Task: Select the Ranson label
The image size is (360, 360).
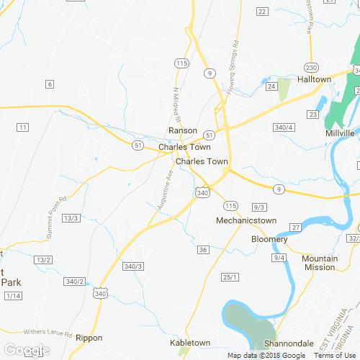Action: (183, 130)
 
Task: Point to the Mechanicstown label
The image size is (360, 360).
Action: (246, 220)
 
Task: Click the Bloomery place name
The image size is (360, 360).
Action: (269, 239)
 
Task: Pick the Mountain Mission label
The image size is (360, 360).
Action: (319, 263)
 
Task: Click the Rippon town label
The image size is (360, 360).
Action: (89, 338)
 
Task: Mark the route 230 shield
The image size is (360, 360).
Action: (311, 67)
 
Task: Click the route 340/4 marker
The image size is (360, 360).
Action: (284, 127)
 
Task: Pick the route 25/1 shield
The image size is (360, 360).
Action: (230, 277)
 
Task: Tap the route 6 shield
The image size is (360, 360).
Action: (50, 84)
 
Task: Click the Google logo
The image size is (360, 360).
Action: (26, 351)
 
